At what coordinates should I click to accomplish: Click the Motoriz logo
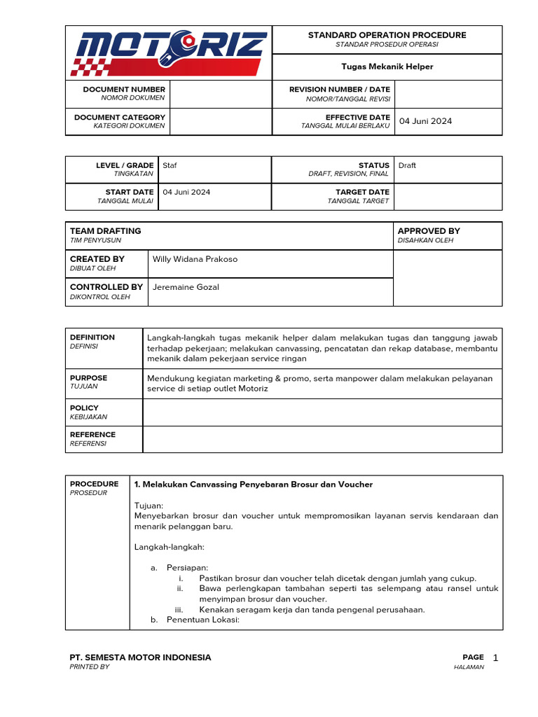tap(169, 53)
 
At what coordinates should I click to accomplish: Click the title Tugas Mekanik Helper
tap(387, 67)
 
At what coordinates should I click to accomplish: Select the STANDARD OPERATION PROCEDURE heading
tap(387, 35)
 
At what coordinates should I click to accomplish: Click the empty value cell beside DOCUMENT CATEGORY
tap(221, 121)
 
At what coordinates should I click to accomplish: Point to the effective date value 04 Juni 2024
tap(425, 121)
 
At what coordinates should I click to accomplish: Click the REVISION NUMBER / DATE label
tap(340, 90)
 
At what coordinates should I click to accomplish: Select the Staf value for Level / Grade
tap(170, 165)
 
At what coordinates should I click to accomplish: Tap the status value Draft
tap(407, 165)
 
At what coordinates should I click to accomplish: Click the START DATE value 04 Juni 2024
tap(186, 192)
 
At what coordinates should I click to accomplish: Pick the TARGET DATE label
tap(362, 192)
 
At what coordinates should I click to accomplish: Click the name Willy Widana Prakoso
tap(195, 259)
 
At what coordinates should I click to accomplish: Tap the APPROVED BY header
tap(429, 231)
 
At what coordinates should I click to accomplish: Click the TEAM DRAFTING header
tap(105, 231)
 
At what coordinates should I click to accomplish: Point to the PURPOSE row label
tap(89, 378)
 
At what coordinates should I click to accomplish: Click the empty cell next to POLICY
tap(322, 412)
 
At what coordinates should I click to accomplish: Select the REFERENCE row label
tap(92, 435)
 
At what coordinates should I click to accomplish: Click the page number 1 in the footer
tap(495, 657)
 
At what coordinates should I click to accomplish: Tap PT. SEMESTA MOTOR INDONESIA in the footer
tap(140, 657)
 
